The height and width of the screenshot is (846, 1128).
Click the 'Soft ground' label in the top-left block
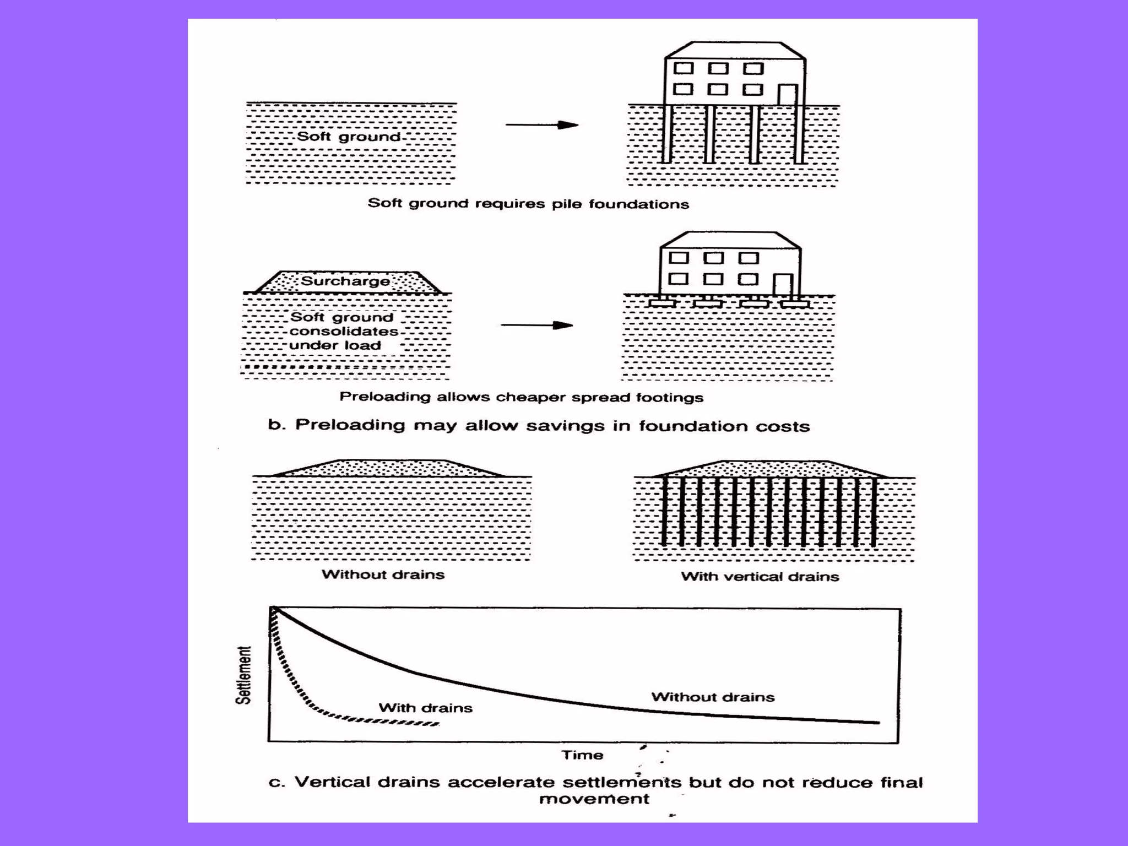click(x=348, y=137)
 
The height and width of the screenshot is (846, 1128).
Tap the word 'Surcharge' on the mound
click(x=345, y=281)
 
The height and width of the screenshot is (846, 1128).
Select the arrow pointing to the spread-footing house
click(x=536, y=326)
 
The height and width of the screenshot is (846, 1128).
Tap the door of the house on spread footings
click(x=783, y=285)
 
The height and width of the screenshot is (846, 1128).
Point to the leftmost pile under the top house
click(x=666, y=134)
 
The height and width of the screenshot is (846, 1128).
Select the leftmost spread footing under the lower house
click(x=662, y=303)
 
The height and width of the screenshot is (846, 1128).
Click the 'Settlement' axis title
click(x=243, y=675)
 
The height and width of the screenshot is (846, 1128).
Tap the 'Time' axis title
click(x=582, y=755)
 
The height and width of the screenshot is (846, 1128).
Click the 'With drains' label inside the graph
click(x=425, y=708)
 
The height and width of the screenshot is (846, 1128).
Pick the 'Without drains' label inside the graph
click(x=713, y=697)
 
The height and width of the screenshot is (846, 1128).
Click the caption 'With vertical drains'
click(x=760, y=577)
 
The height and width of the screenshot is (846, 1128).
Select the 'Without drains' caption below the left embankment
click(x=383, y=574)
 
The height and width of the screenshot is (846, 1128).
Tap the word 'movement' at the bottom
click(x=594, y=799)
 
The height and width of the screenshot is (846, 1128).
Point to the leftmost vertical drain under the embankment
click(x=664, y=511)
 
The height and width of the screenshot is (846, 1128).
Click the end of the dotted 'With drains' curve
click(x=437, y=724)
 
